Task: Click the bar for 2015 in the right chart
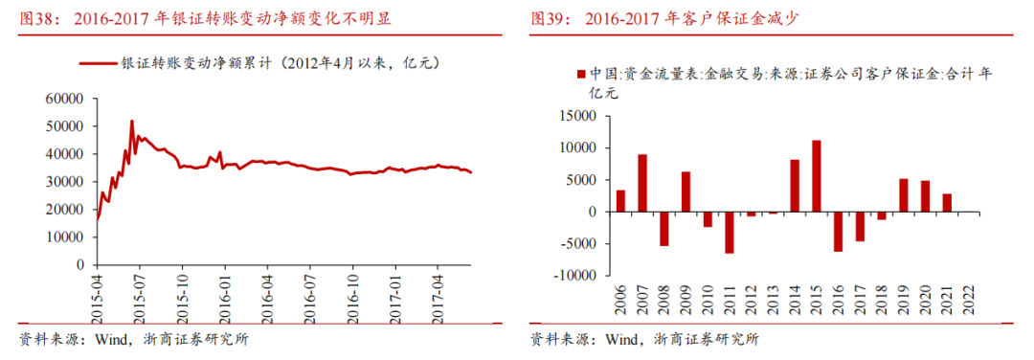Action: point(816,176)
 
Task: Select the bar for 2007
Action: point(642,183)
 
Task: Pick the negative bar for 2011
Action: point(730,233)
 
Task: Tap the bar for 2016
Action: point(838,231)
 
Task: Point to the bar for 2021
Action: point(947,202)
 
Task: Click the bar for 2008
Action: point(663,229)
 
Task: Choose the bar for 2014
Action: point(795,186)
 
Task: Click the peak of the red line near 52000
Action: point(132,121)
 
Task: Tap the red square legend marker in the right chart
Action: point(580,75)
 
